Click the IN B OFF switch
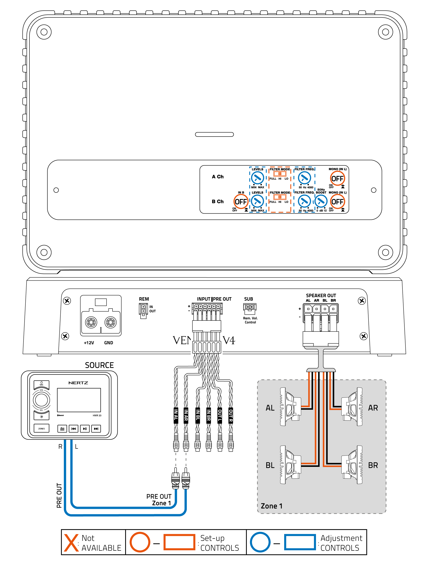pyautogui.click(x=240, y=202)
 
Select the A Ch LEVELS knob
pyautogui.click(x=257, y=178)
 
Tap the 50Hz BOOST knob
pyautogui.click(x=321, y=201)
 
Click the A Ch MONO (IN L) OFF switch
pyautogui.click(x=337, y=179)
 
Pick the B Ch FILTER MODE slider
pyautogui.click(x=280, y=197)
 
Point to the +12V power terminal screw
pyautogui.click(x=91, y=322)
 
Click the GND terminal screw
pyautogui.click(x=110, y=322)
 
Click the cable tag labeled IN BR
pyautogui.click(x=209, y=415)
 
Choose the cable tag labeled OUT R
pyautogui.click(x=231, y=415)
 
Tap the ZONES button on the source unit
pyautogui.click(x=41, y=429)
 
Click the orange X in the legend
pyautogui.click(x=71, y=543)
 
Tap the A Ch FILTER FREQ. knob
pyautogui.click(x=304, y=178)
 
